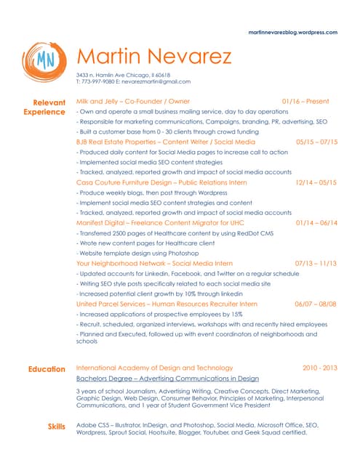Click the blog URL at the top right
tap(292, 33)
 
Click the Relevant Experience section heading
tap(44, 108)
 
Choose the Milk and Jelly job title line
tap(133, 102)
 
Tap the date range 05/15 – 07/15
tap(317, 142)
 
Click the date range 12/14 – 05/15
tap(316, 182)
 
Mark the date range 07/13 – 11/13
tap(316, 262)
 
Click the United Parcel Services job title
tap(167, 304)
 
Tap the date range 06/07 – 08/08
tap(316, 304)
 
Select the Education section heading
tap(47, 369)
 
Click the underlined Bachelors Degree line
tap(167, 379)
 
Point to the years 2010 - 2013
tap(320, 368)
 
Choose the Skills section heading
tap(56, 424)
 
